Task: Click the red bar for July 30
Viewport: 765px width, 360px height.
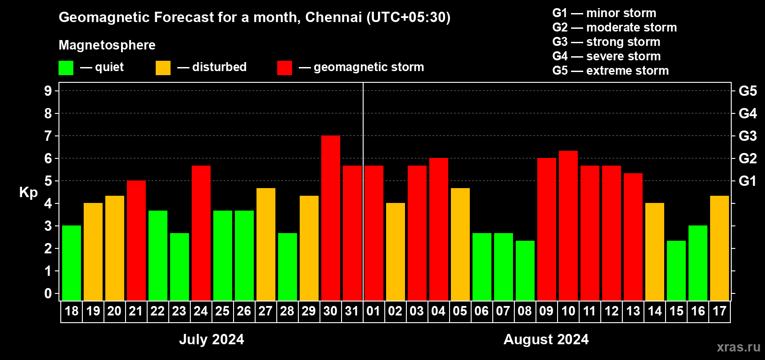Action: (331, 218)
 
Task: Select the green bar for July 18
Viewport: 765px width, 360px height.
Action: (72, 263)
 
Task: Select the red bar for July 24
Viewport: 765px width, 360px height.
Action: (201, 233)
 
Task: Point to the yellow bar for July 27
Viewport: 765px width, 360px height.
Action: (266, 244)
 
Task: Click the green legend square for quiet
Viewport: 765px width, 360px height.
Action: (66, 68)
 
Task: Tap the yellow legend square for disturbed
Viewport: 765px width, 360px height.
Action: (163, 68)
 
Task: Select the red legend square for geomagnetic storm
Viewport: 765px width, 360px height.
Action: (284, 68)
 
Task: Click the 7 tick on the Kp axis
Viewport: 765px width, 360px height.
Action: (48, 136)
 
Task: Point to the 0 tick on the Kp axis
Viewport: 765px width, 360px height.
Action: (48, 294)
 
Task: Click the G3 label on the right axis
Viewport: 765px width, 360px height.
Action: (747, 136)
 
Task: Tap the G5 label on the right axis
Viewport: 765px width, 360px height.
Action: (747, 91)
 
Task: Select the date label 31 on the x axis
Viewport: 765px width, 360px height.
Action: (352, 311)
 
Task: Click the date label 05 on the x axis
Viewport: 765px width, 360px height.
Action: (460, 311)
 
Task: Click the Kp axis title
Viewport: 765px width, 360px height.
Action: (28, 192)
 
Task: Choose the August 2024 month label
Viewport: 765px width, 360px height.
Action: (546, 339)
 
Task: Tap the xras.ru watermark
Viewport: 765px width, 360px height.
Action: (738, 347)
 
